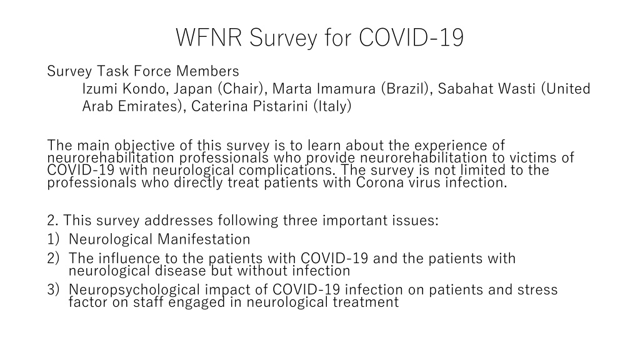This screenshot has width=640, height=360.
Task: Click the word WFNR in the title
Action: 209,37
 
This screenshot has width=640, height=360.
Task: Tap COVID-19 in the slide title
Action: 411,37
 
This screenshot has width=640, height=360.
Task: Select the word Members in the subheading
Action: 207,71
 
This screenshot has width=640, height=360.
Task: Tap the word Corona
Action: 379,182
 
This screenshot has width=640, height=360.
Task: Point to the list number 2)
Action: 53,258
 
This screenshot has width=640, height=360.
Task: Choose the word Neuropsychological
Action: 134,290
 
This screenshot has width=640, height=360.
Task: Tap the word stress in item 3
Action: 537,290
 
